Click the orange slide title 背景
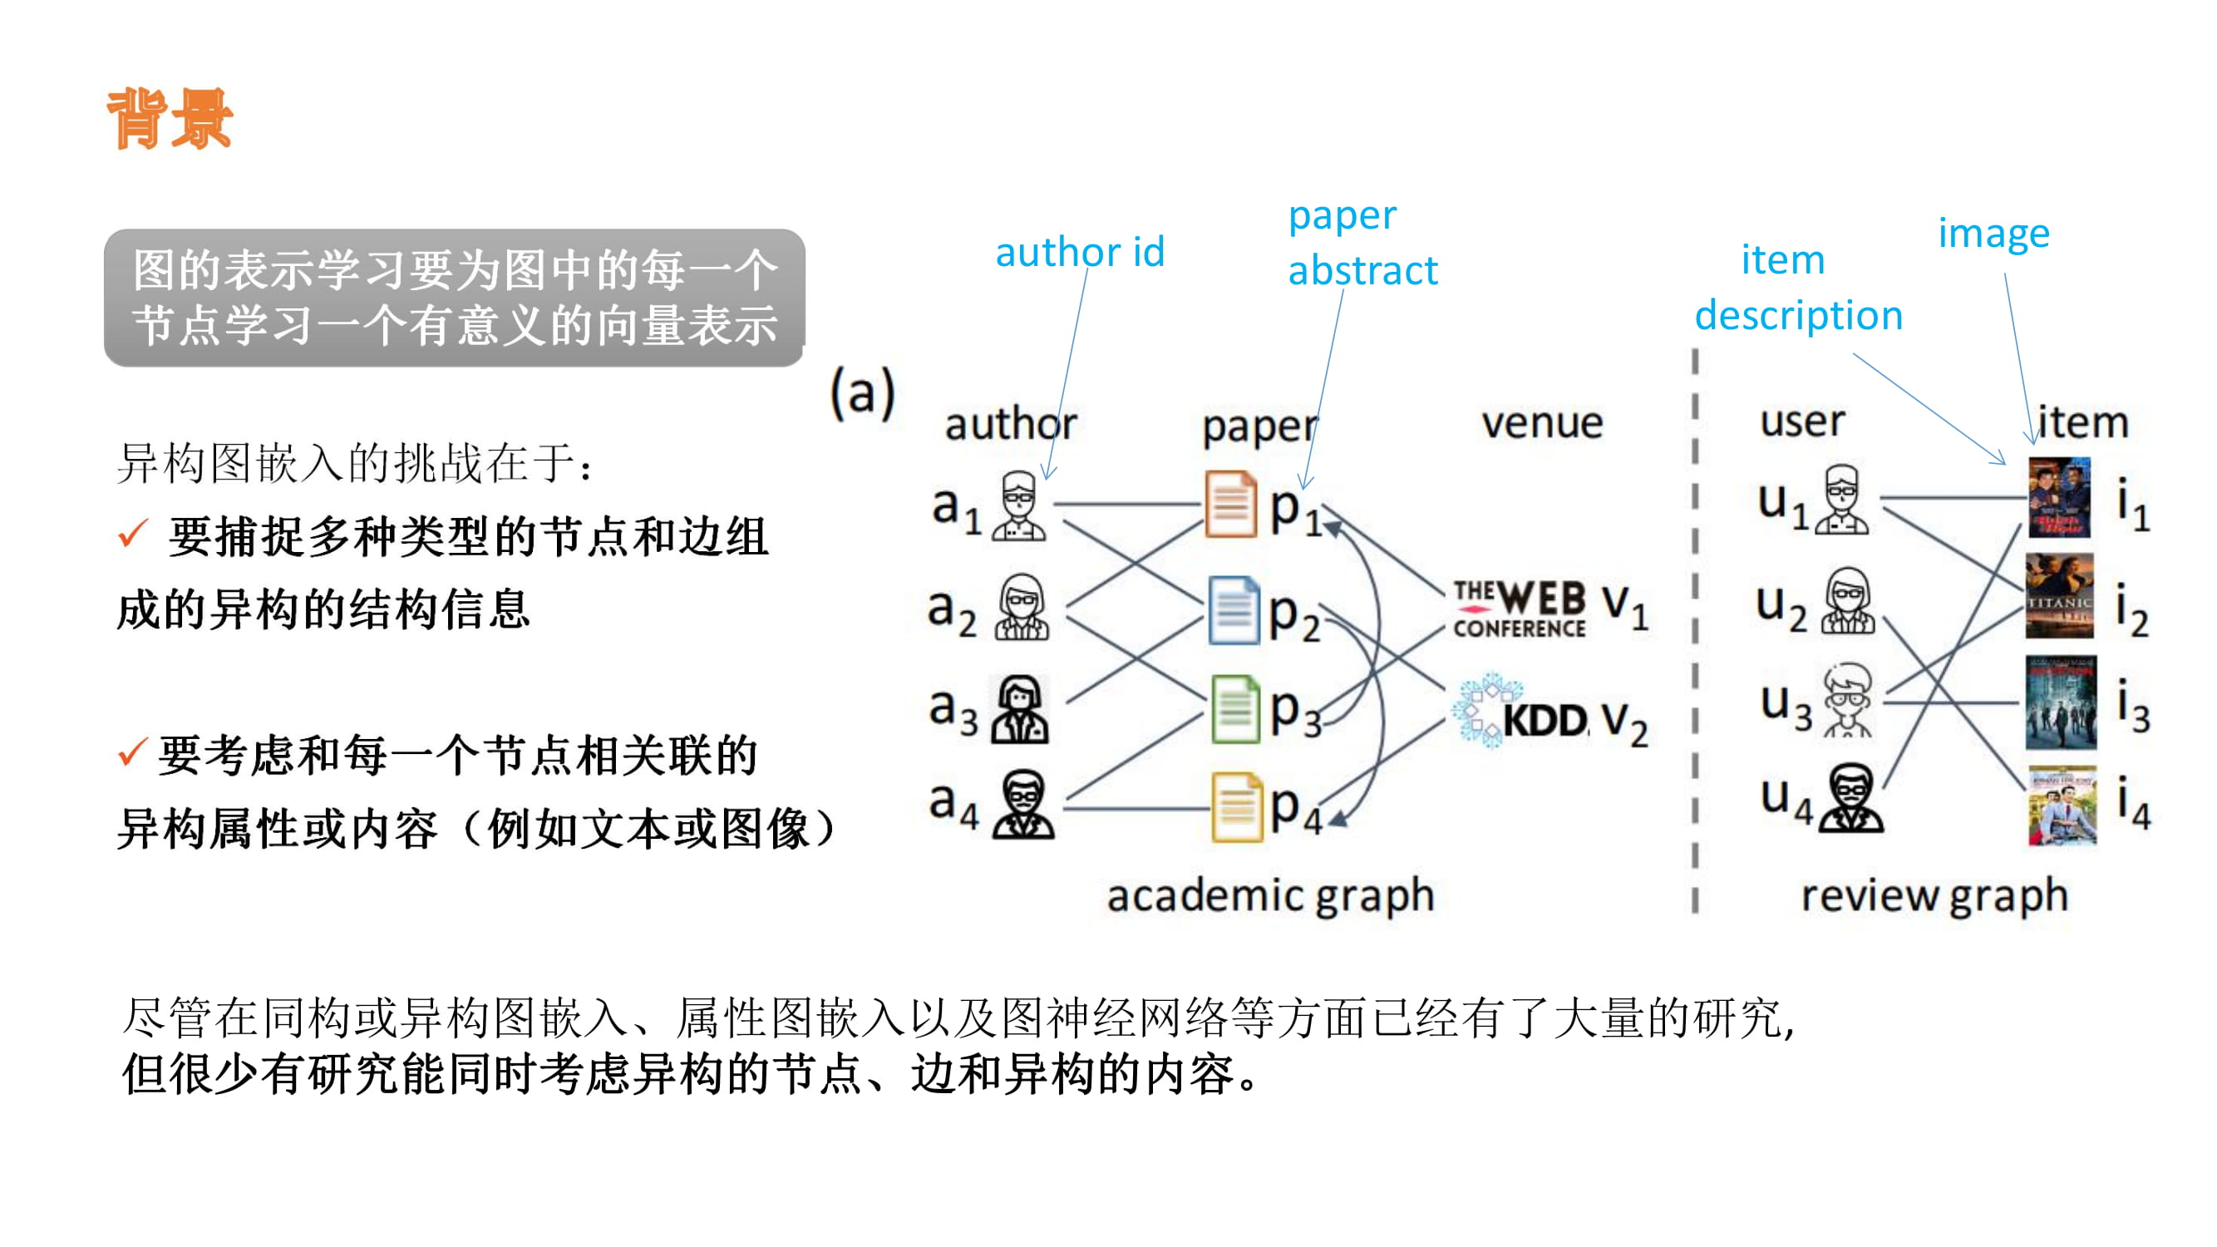coord(170,120)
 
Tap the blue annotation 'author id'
coord(1079,251)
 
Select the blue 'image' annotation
coord(1993,234)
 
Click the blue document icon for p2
coord(1233,610)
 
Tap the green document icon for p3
coord(1235,709)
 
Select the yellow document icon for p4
coord(1236,806)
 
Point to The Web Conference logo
coord(1519,609)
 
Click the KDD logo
coord(1520,712)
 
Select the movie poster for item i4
coord(2062,806)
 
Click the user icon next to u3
coord(1847,701)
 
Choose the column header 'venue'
coord(1541,422)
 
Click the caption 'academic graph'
coord(1270,895)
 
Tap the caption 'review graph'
coord(1934,895)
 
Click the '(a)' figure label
coord(862,393)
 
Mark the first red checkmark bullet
coord(133,534)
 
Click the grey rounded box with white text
coord(454,298)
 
